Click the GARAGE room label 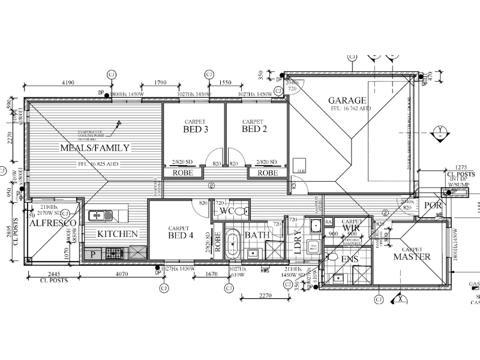pyautogui.click(x=346, y=101)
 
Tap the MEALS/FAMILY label pyautogui.click(x=95, y=148)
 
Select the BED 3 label pyautogui.click(x=196, y=129)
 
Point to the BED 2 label pyautogui.click(x=254, y=129)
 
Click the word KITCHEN pyautogui.click(x=118, y=234)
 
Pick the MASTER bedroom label pyautogui.click(x=412, y=257)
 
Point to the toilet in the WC pyautogui.click(x=241, y=211)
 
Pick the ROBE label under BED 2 pyautogui.click(x=268, y=173)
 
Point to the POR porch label pyautogui.click(x=433, y=206)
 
